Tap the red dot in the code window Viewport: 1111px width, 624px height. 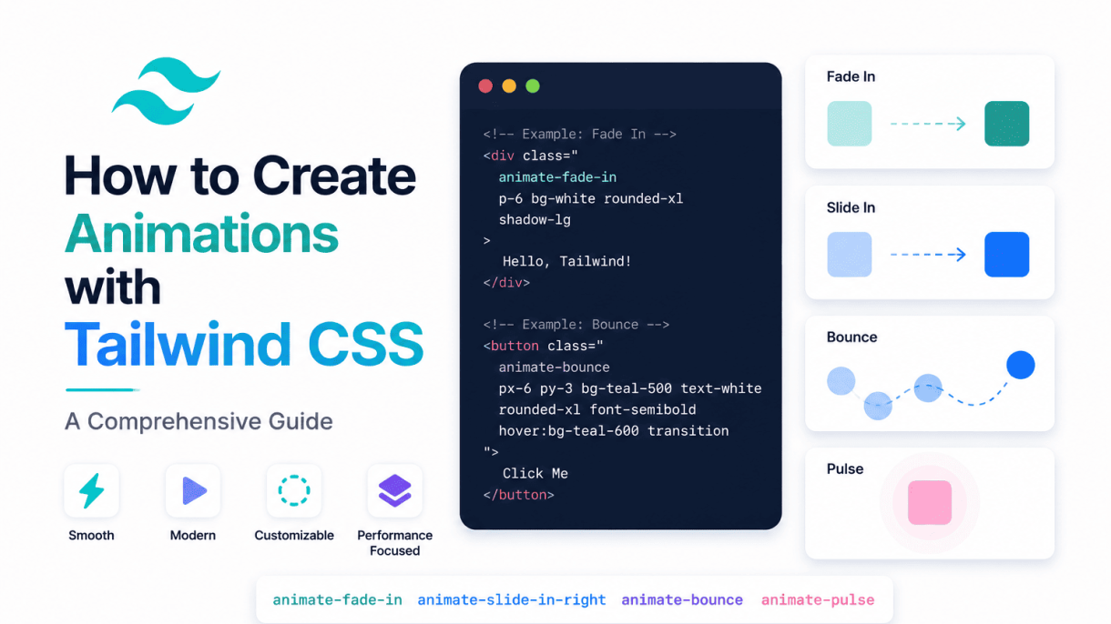click(x=485, y=86)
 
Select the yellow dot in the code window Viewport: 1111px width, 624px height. click(x=509, y=86)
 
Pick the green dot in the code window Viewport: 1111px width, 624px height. click(x=533, y=86)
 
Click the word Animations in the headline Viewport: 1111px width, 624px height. click(x=201, y=234)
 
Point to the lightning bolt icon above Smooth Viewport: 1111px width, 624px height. click(x=92, y=491)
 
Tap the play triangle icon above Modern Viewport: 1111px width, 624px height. click(x=194, y=491)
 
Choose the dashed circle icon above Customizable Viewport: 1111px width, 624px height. click(x=294, y=491)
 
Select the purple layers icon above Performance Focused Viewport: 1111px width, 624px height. click(x=395, y=491)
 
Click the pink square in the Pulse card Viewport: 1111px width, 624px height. click(x=930, y=502)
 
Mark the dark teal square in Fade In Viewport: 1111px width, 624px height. click(x=1007, y=124)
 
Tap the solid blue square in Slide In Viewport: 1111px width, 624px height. click(x=1007, y=254)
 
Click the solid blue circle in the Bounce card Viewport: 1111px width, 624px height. click(x=1020, y=365)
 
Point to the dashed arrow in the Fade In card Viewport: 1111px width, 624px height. click(x=928, y=124)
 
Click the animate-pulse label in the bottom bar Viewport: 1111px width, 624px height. click(x=818, y=599)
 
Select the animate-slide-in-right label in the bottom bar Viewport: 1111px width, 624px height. click(x=512, y=599)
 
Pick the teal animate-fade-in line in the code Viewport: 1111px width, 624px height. click(x=557, y=177)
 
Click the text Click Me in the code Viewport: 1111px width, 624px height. click(x=535, y=473)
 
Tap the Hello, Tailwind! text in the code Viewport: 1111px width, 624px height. click(x=567, y=261)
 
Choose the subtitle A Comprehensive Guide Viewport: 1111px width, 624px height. click(x=199, y=421)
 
